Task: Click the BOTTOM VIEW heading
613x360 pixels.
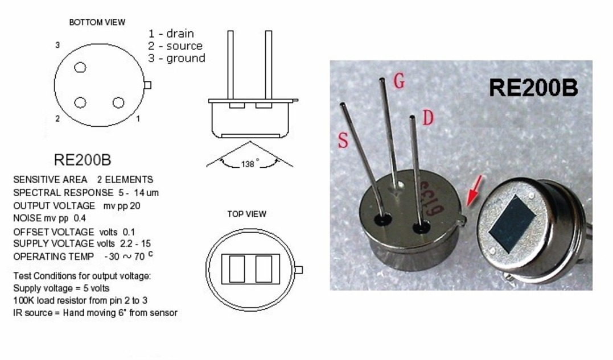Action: (97, 22)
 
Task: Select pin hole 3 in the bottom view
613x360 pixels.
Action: (80, 68)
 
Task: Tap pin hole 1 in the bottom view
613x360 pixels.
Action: (118, 103)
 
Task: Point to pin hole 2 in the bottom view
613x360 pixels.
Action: (80, 103)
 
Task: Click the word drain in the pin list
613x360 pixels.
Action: (180, 34)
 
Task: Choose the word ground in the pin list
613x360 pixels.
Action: (186, 58)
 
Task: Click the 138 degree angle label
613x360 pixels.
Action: (249, 164)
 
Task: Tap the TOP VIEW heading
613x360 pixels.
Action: (246, 214)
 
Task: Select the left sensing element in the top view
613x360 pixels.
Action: (237, 269)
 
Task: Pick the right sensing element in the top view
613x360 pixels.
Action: (264, 269)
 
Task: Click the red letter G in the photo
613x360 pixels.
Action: (399, 81)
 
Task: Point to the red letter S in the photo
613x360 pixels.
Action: (343, 140)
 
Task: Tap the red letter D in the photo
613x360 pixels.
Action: (428, 118)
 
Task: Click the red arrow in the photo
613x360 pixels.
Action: (474, 191)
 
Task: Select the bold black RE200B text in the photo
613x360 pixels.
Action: (533, 88)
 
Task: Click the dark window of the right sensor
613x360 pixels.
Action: (512, 223)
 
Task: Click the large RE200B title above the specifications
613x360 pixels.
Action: (83, 160)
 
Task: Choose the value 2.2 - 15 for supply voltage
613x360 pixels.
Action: (135, 243)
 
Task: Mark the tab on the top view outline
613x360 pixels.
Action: (299, 270)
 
